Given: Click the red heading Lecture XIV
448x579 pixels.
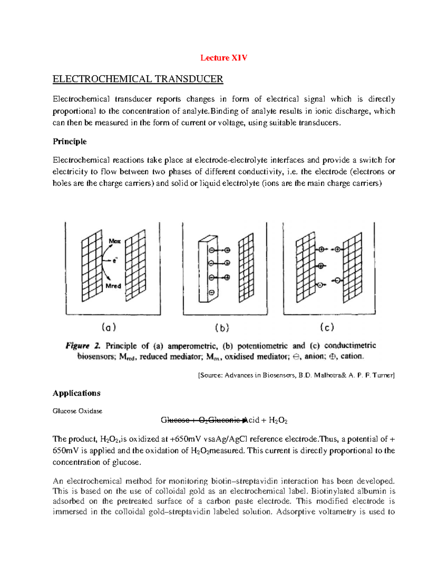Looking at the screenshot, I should tap(224, 58).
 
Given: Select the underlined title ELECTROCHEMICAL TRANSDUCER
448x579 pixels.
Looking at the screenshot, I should tap(138, 79).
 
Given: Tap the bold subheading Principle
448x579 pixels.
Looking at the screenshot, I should tap(69, 142).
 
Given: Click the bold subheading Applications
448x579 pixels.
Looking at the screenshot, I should tap(77, 393).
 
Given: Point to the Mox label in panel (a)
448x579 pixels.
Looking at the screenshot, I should tap(115, 241).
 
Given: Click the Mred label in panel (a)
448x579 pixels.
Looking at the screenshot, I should tap(113, 286).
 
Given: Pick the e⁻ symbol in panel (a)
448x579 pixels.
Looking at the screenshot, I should tap(115, 261).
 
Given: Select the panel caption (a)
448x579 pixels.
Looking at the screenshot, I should tap(109, 328).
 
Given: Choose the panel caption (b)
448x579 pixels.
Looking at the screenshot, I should tap(222, 328).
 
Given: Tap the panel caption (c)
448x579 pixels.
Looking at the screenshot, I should tap(327, 328).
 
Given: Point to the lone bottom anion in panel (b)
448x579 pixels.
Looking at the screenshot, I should tap(211, 292).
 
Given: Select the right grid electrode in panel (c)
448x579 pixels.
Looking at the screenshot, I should tap(352, 268).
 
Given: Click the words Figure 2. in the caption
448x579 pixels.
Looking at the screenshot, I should tap(83, 346).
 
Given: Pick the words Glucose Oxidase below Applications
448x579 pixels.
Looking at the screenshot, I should tap(77, 411).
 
